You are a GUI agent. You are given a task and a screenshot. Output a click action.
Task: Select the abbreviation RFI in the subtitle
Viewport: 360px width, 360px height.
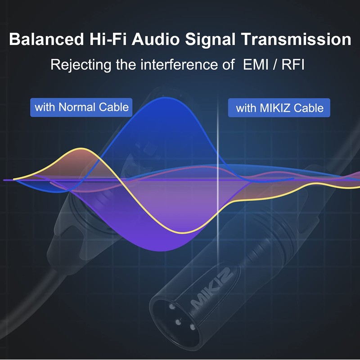click(293, 64)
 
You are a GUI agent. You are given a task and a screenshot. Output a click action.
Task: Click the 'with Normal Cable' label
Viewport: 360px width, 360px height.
click(81, 108)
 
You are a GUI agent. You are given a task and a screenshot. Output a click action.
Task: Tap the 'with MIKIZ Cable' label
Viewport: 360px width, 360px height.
click(279, 108)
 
